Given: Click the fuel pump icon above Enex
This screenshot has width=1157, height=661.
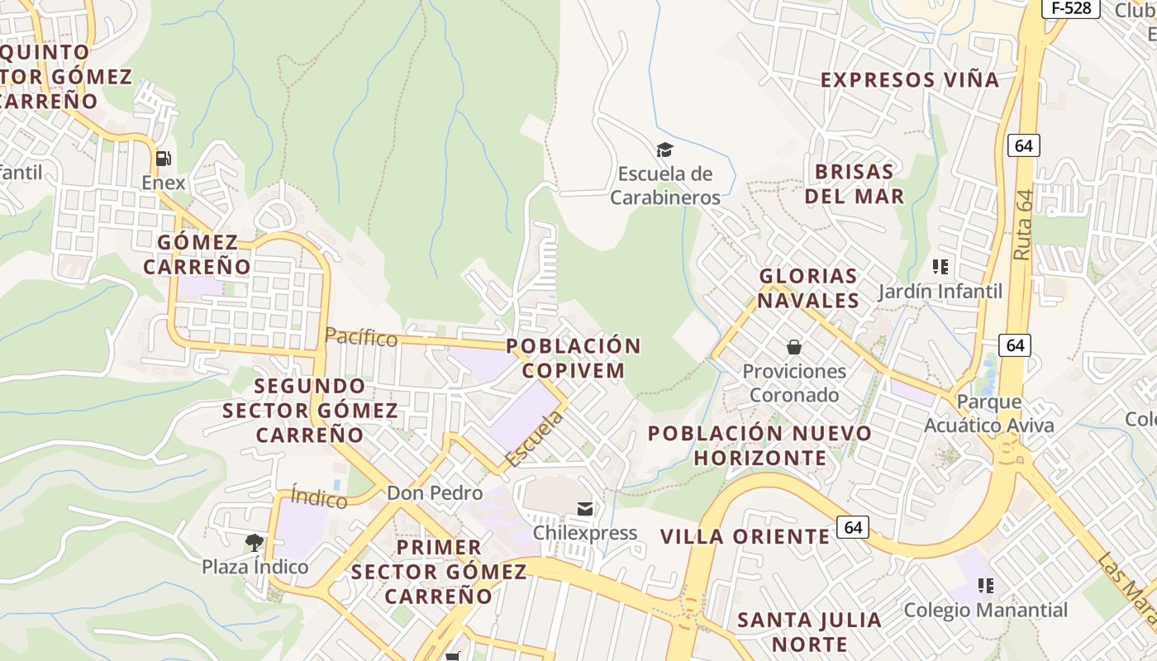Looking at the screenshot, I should click(164, 158).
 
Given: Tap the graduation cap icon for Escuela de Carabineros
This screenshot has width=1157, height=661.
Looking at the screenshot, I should click(664, 150).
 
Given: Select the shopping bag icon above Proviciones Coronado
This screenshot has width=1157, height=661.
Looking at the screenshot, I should click(794, 347).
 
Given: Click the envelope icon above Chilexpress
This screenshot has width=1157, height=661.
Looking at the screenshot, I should click(585, 508).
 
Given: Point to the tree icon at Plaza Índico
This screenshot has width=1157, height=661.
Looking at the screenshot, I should click(255, 543).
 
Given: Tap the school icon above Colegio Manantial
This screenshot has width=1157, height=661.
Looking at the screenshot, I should click(985, 586).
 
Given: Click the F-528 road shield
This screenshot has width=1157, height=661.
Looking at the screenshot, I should click(1070, 8).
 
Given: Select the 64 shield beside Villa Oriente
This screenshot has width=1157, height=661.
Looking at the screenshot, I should click(853, 526).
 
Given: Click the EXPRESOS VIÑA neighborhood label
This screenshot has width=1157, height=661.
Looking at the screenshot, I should click(910, 80).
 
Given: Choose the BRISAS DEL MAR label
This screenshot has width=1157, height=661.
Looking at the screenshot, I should click(855, 183).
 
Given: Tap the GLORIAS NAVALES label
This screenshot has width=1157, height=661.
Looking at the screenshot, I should click(808, 288).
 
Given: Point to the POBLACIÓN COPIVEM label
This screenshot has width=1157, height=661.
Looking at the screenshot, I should click(574, 358).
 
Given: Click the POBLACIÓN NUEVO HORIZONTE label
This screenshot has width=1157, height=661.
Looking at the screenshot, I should click(759, 445).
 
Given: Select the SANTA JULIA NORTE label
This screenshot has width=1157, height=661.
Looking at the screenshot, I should click(809, 631).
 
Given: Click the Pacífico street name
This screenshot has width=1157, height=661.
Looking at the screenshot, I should click(361, 337).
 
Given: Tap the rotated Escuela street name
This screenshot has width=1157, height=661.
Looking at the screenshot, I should click(534, 439).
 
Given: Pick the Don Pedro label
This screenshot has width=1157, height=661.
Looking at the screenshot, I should click(435, 493).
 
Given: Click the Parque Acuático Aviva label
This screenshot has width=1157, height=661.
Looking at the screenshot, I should click(989, 414).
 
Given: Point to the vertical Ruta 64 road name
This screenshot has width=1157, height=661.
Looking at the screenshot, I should click(1024, 226).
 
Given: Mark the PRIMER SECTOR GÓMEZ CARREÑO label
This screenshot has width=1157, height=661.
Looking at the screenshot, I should click(438, 571).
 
